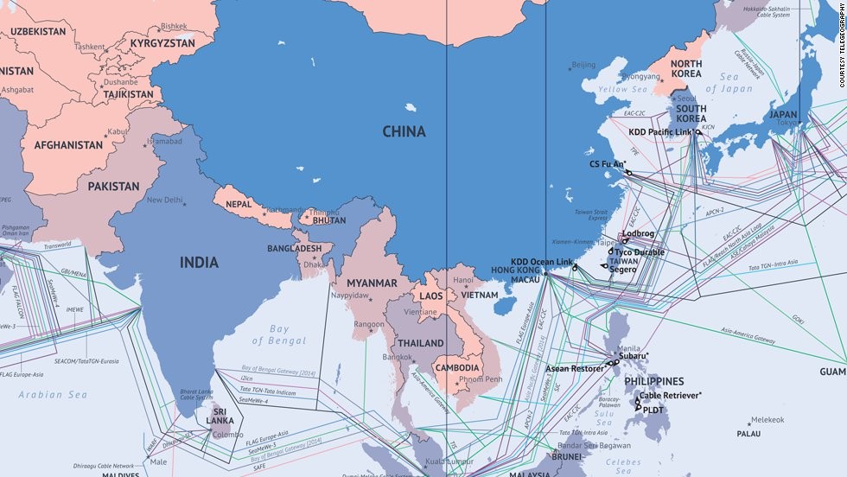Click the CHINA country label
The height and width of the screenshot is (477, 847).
[404, 131]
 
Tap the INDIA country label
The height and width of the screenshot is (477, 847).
[199, 263]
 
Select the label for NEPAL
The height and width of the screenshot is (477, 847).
[239, 205]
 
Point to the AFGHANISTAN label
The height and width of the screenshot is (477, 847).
[68, 145]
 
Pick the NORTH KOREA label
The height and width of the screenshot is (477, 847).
[686, 70]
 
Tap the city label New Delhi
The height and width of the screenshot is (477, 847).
[165, 200]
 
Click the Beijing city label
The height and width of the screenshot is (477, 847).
[584, 65]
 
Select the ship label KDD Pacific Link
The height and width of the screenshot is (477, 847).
[660, 132]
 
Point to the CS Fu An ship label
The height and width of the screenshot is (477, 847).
[608, 163]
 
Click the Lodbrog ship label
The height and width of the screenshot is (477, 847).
[638, 234]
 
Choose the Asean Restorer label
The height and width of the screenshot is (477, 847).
[575, 369]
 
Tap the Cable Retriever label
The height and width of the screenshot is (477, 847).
[672, 395]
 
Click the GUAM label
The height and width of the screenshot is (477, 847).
[832, 372]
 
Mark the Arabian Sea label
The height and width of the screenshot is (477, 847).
[53, 395]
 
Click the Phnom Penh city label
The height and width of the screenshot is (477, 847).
[482, 379]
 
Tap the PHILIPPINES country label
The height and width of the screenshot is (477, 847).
[653, 381]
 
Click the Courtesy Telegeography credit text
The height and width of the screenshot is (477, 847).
[841, 43]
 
